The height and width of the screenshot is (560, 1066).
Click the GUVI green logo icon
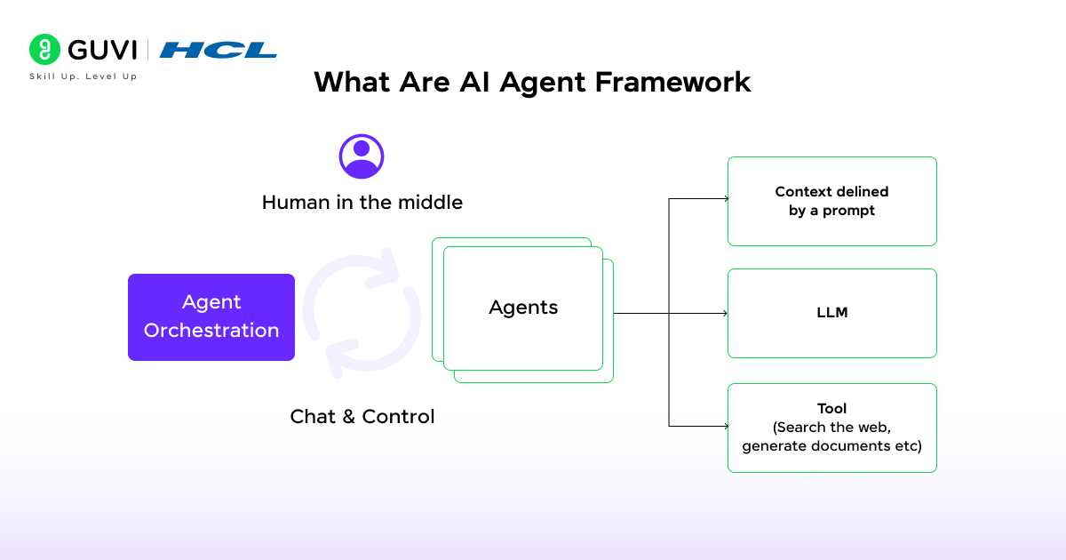(x=44, y=50)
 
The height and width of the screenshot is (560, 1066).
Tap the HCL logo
(x=219, y=50)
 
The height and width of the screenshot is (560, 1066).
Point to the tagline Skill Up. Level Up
(x=84, y=77)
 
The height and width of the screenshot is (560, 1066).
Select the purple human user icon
(x=362, y=156)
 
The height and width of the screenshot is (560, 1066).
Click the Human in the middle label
(x=362, y=203)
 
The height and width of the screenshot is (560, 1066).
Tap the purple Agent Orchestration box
(x=211, y=316)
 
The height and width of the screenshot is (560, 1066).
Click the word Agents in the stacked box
(x=523, y=308)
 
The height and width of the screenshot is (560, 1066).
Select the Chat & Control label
(x=362, y=416)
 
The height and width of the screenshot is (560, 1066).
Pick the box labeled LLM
(x=831, y=313)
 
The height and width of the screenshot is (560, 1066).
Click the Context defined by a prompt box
(x=831, y=201)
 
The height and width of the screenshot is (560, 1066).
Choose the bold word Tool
(x=831, y=409)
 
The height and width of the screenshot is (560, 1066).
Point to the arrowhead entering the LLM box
(x=725, y=313)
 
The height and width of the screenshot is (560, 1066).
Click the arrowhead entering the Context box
(x=725, y=199)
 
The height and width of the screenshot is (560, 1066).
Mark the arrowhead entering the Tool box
(x=725, y=426)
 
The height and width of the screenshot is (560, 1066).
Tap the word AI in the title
(x=476, y=82)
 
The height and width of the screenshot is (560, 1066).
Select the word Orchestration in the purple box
(x=211, y=331)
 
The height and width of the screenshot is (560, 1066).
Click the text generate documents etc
(x=831, y=445)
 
